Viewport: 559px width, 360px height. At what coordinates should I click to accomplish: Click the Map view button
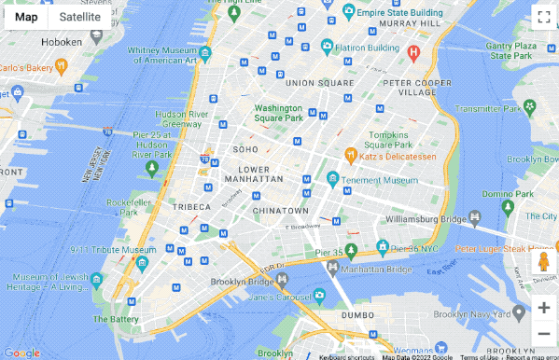[x=26, y=17]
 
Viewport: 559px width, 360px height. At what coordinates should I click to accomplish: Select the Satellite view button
[x=79, y=17]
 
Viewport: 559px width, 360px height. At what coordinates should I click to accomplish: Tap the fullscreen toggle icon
[x=543, y=17]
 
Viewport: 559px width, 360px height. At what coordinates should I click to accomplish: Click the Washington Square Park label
[x=279, y=113]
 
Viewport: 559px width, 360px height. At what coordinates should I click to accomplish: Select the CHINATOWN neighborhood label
[x=280, y=211]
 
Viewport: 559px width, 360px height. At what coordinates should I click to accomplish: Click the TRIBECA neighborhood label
[x=190, y=207]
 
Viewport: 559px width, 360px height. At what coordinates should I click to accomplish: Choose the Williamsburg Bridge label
[x=425, y=219]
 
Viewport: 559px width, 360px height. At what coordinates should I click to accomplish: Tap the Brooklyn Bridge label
[x=241, y=281]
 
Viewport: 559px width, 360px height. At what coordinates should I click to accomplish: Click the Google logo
[x=21, y=353]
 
